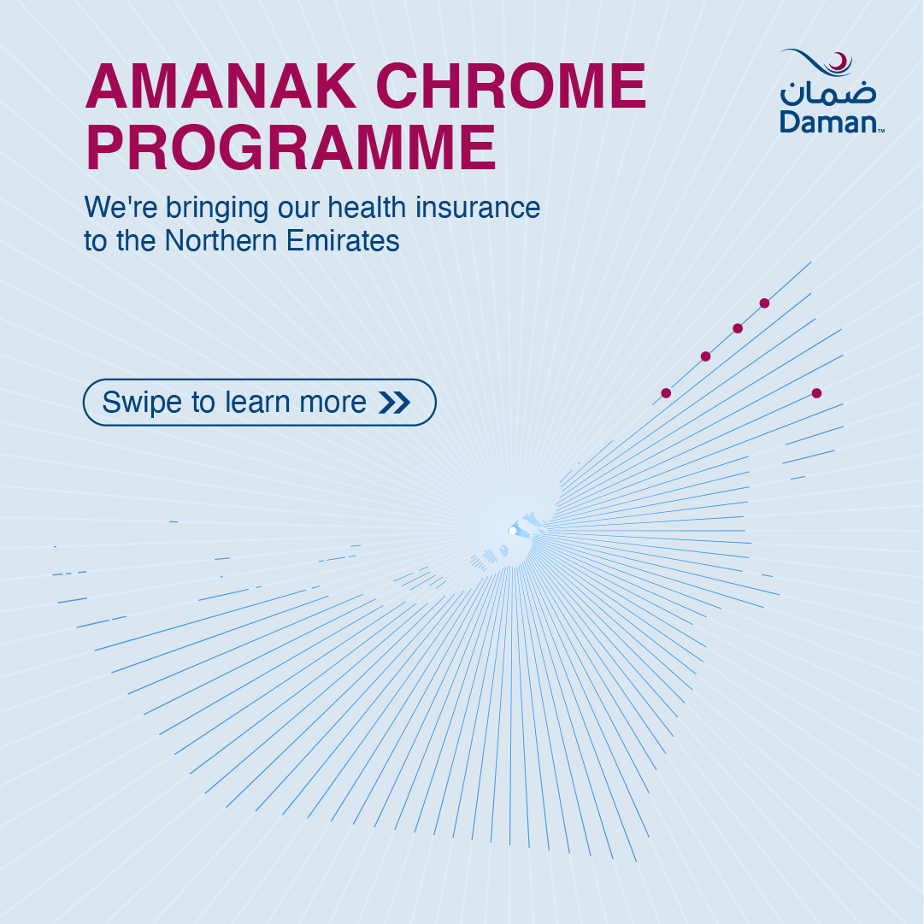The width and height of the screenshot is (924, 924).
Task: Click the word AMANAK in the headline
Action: [221, 86]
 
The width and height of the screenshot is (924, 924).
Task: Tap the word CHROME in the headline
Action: [511, 86]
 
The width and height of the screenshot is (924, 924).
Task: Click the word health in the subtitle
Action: [367, 208]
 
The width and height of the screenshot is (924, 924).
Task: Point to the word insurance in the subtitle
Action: [478, 208]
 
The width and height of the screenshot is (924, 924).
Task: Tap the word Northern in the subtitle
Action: [221, 240]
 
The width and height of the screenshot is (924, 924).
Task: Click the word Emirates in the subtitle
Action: [343, 240]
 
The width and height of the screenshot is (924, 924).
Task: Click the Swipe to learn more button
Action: [259, 403]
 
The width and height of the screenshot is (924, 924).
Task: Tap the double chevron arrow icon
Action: [394, 403]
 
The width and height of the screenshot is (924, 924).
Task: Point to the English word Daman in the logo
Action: [830, 122]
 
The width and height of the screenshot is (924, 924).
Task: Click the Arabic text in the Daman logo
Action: [828, 93]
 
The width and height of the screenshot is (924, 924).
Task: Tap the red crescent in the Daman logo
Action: [839, 61]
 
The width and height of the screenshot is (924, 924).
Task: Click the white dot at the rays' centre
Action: [512, 531]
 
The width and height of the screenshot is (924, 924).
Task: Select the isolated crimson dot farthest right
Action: [816, 393]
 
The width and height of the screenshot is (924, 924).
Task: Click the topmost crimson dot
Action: [764, 303]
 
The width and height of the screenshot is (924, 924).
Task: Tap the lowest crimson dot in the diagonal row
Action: [666, 393]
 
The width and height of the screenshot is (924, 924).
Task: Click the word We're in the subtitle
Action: [121, 208]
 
